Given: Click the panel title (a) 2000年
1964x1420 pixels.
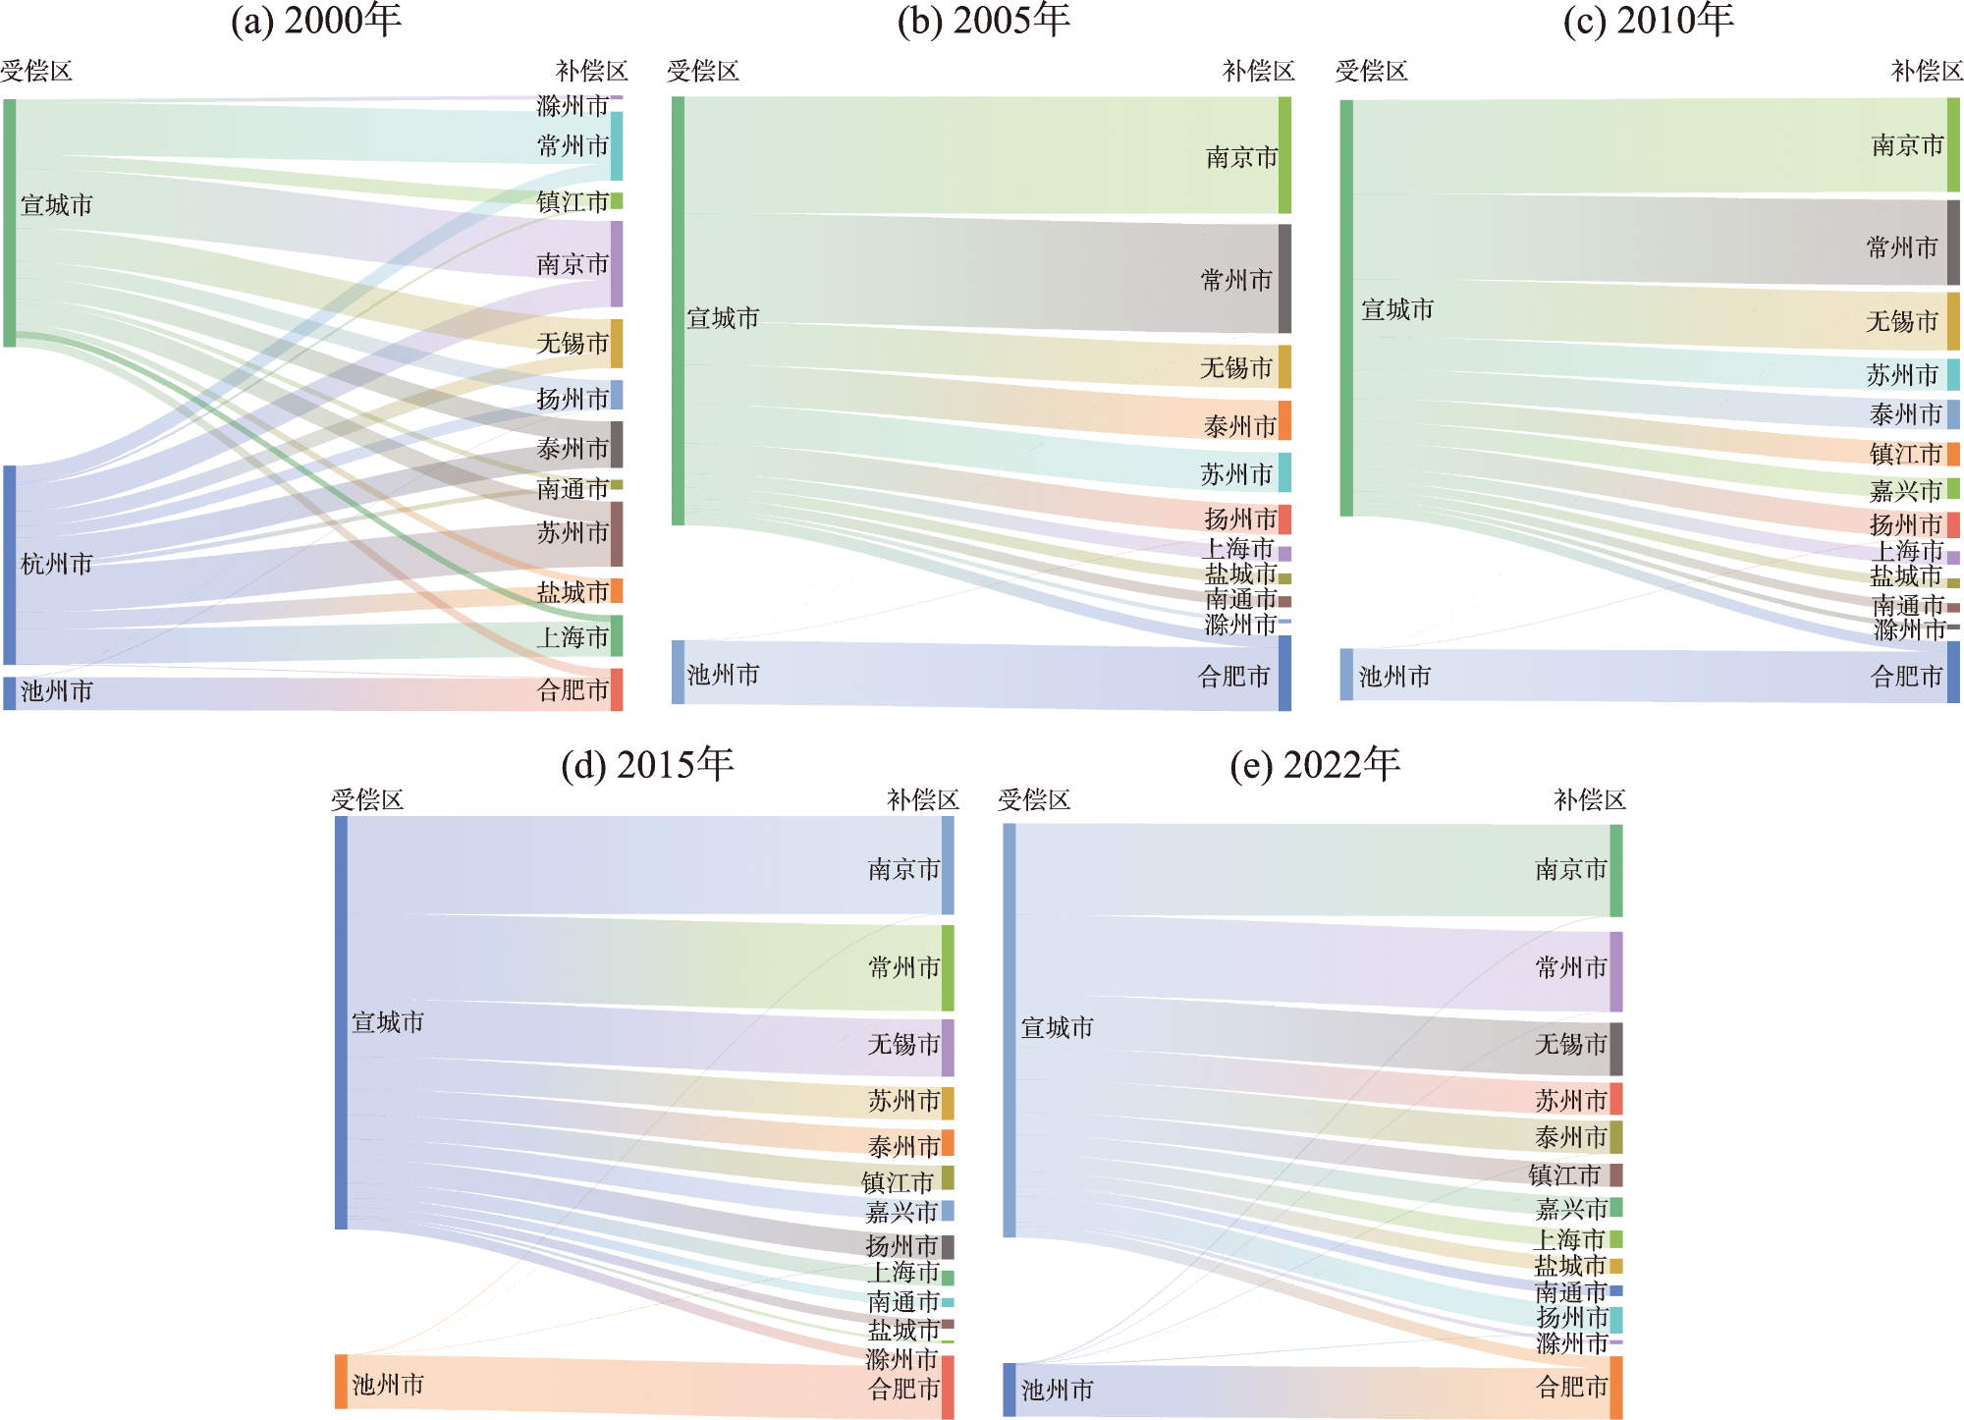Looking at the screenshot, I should pyautogui.click(x=315, y=21).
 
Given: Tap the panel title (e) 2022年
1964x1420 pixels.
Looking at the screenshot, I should pyautogui.click(x=1315, y=765).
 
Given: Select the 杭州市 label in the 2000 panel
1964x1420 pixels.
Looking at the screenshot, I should pyautogui.click(x=57, y=564).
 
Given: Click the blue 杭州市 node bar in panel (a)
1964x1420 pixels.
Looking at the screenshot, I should pyautogui.click(x=10, y=565).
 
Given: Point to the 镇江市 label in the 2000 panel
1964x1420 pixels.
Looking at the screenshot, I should pyautogui.click(x=573, y=202).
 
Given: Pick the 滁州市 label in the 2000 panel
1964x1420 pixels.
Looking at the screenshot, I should pyautogui.click(x=573, y=105).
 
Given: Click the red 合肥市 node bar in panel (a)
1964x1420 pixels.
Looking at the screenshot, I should pyautogui.click(x=617, y=689).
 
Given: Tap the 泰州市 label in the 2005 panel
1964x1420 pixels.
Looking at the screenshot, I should pyautogui.click(x=1239, y=426).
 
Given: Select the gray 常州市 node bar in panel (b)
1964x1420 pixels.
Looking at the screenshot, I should pyautogui.click(x=1284, y=279).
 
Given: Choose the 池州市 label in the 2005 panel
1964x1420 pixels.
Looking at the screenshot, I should pyautogui.click(x=723, y=675).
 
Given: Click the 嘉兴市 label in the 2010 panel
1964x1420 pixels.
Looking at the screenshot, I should pyautogui.click(x=1905, y=490).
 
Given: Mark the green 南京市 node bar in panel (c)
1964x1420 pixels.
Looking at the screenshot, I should pyautogui.click(x=1953, y=145).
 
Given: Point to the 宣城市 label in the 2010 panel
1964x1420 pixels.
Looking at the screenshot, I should pyautogui.click(x=1396, y=309).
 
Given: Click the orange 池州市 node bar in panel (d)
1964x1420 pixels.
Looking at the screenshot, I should pyautogui.click(x=341, y=1382).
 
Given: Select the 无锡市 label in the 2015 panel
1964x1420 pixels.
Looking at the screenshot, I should pyautogui.click(x=903, y=1044).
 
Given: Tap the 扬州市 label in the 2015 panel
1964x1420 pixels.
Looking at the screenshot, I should pyautogui.click(x=901, y=1246).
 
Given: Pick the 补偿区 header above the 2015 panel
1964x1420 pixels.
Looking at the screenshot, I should pyautogui.click(x=922, y=800).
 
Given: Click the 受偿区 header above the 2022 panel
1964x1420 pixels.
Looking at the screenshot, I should pyautogui.click(x=1033, y=800).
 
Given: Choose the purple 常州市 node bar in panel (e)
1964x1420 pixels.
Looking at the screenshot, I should pyautogui.click(x=1616, y=971).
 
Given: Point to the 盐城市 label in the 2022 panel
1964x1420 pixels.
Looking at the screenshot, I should pyautogui.click(x=1569, y=1266).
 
